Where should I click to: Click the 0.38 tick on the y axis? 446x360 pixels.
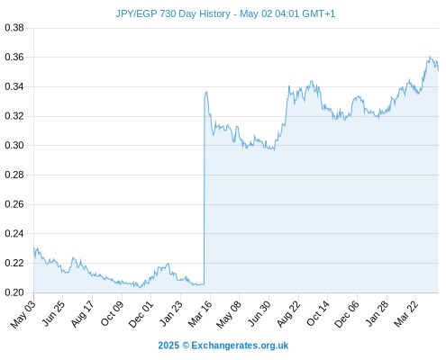point(14,28)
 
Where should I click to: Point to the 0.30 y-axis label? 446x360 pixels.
point(14,145)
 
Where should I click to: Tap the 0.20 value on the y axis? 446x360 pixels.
point(14,292)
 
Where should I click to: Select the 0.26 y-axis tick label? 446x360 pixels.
point(14,204)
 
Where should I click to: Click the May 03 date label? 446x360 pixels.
point(23,315)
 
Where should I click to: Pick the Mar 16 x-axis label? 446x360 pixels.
point(200,314)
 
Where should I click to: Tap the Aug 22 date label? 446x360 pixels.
point(288,314)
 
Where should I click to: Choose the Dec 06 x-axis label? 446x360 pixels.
point(347,314)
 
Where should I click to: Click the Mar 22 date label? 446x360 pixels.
point(406,314)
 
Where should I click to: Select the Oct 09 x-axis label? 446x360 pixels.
point(112,314)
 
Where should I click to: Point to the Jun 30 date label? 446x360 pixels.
point(259,314)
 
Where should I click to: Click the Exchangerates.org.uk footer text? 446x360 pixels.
point(240,346)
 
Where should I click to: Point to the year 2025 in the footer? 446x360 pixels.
point(168,346)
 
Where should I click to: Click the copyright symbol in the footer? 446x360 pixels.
point(186,346)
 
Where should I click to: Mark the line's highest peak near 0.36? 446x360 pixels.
point(430,57)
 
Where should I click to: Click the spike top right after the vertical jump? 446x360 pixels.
point(206,92)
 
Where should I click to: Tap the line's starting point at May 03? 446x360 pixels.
point(34,247)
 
